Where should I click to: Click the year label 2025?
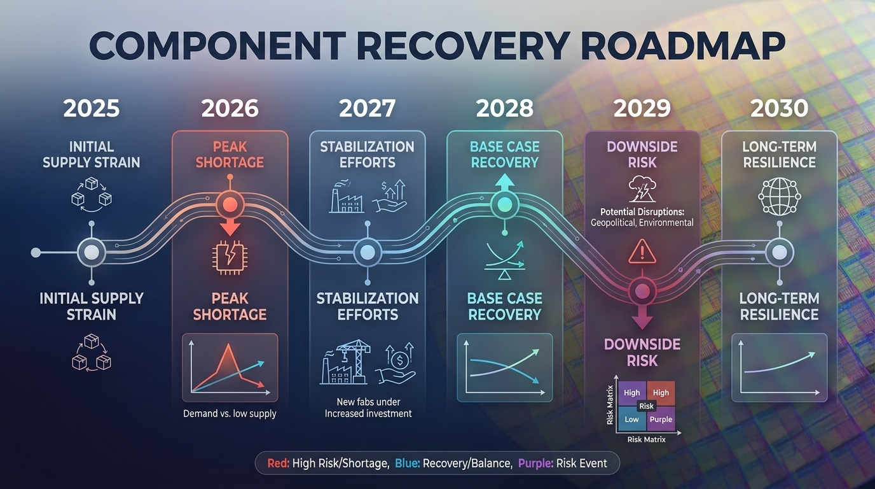tap(92, 108)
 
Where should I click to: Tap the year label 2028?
tap(505, 108)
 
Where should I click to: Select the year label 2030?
tap(780, 108)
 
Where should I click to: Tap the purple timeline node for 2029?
tap(642, 291)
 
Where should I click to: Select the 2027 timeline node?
tap(367, 252)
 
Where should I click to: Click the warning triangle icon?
tap(642, 252)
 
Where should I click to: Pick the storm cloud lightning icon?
tap(642, 189)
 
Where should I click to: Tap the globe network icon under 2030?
tap(780, 196)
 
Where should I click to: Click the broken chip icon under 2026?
tap(230, 258)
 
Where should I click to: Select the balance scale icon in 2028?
tap(504, 260)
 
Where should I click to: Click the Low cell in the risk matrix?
tap(631, 420)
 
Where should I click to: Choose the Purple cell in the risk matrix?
tap(661, 420)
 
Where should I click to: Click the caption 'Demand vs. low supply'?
tap(230, 414)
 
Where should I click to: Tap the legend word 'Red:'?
tap(279, 464)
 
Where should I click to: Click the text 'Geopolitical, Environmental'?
tap(642, 223)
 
